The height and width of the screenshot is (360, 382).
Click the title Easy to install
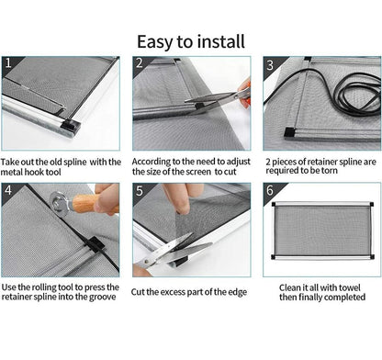(191, 42)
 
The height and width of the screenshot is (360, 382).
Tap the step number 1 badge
(8, 62)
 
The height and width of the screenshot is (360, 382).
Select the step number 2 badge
(140, 62)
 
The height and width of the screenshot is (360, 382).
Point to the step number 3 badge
(270, 65)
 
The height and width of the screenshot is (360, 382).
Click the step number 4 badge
(8, 190)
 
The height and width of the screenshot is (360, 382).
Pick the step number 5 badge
(140, 191)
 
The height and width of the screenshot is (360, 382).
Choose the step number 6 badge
(270, 190)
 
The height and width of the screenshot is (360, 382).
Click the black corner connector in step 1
(71, 125)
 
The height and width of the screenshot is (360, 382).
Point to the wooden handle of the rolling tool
(90, 203)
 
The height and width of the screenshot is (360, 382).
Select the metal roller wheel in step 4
(58, 201)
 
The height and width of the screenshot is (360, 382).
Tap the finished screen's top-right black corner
(371, 204)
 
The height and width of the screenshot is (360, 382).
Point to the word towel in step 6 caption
(350, 287)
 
